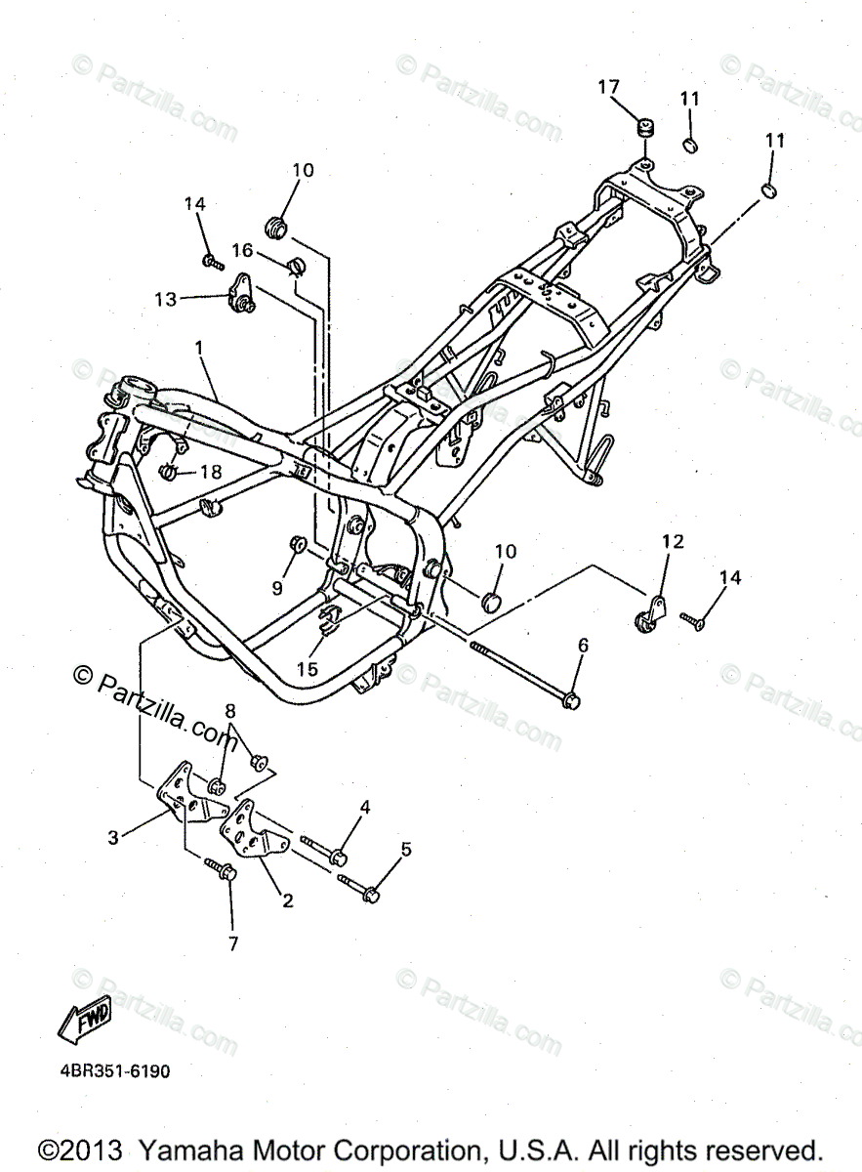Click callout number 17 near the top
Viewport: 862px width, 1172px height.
(608, 88)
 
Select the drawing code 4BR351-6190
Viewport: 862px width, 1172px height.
(114, 1071)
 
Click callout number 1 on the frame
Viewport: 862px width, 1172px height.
(199, 348)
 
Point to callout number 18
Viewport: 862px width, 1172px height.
(212, 472)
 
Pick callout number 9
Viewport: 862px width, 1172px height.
(277, 588)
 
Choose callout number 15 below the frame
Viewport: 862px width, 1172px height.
(308, 669)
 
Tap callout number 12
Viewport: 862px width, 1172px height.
(673, 541)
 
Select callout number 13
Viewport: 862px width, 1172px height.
(165, 299)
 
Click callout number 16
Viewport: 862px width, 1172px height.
(241, 251)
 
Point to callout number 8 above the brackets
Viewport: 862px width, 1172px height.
(231, 710)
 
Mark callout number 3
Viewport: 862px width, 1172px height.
(113, 837)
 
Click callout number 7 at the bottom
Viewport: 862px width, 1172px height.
(231, 943)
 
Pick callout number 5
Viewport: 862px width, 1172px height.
(406, 849)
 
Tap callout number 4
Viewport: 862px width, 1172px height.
(365, 807)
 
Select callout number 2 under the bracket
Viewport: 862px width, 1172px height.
(287, 901)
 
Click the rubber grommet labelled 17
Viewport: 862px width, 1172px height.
(644, 128)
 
